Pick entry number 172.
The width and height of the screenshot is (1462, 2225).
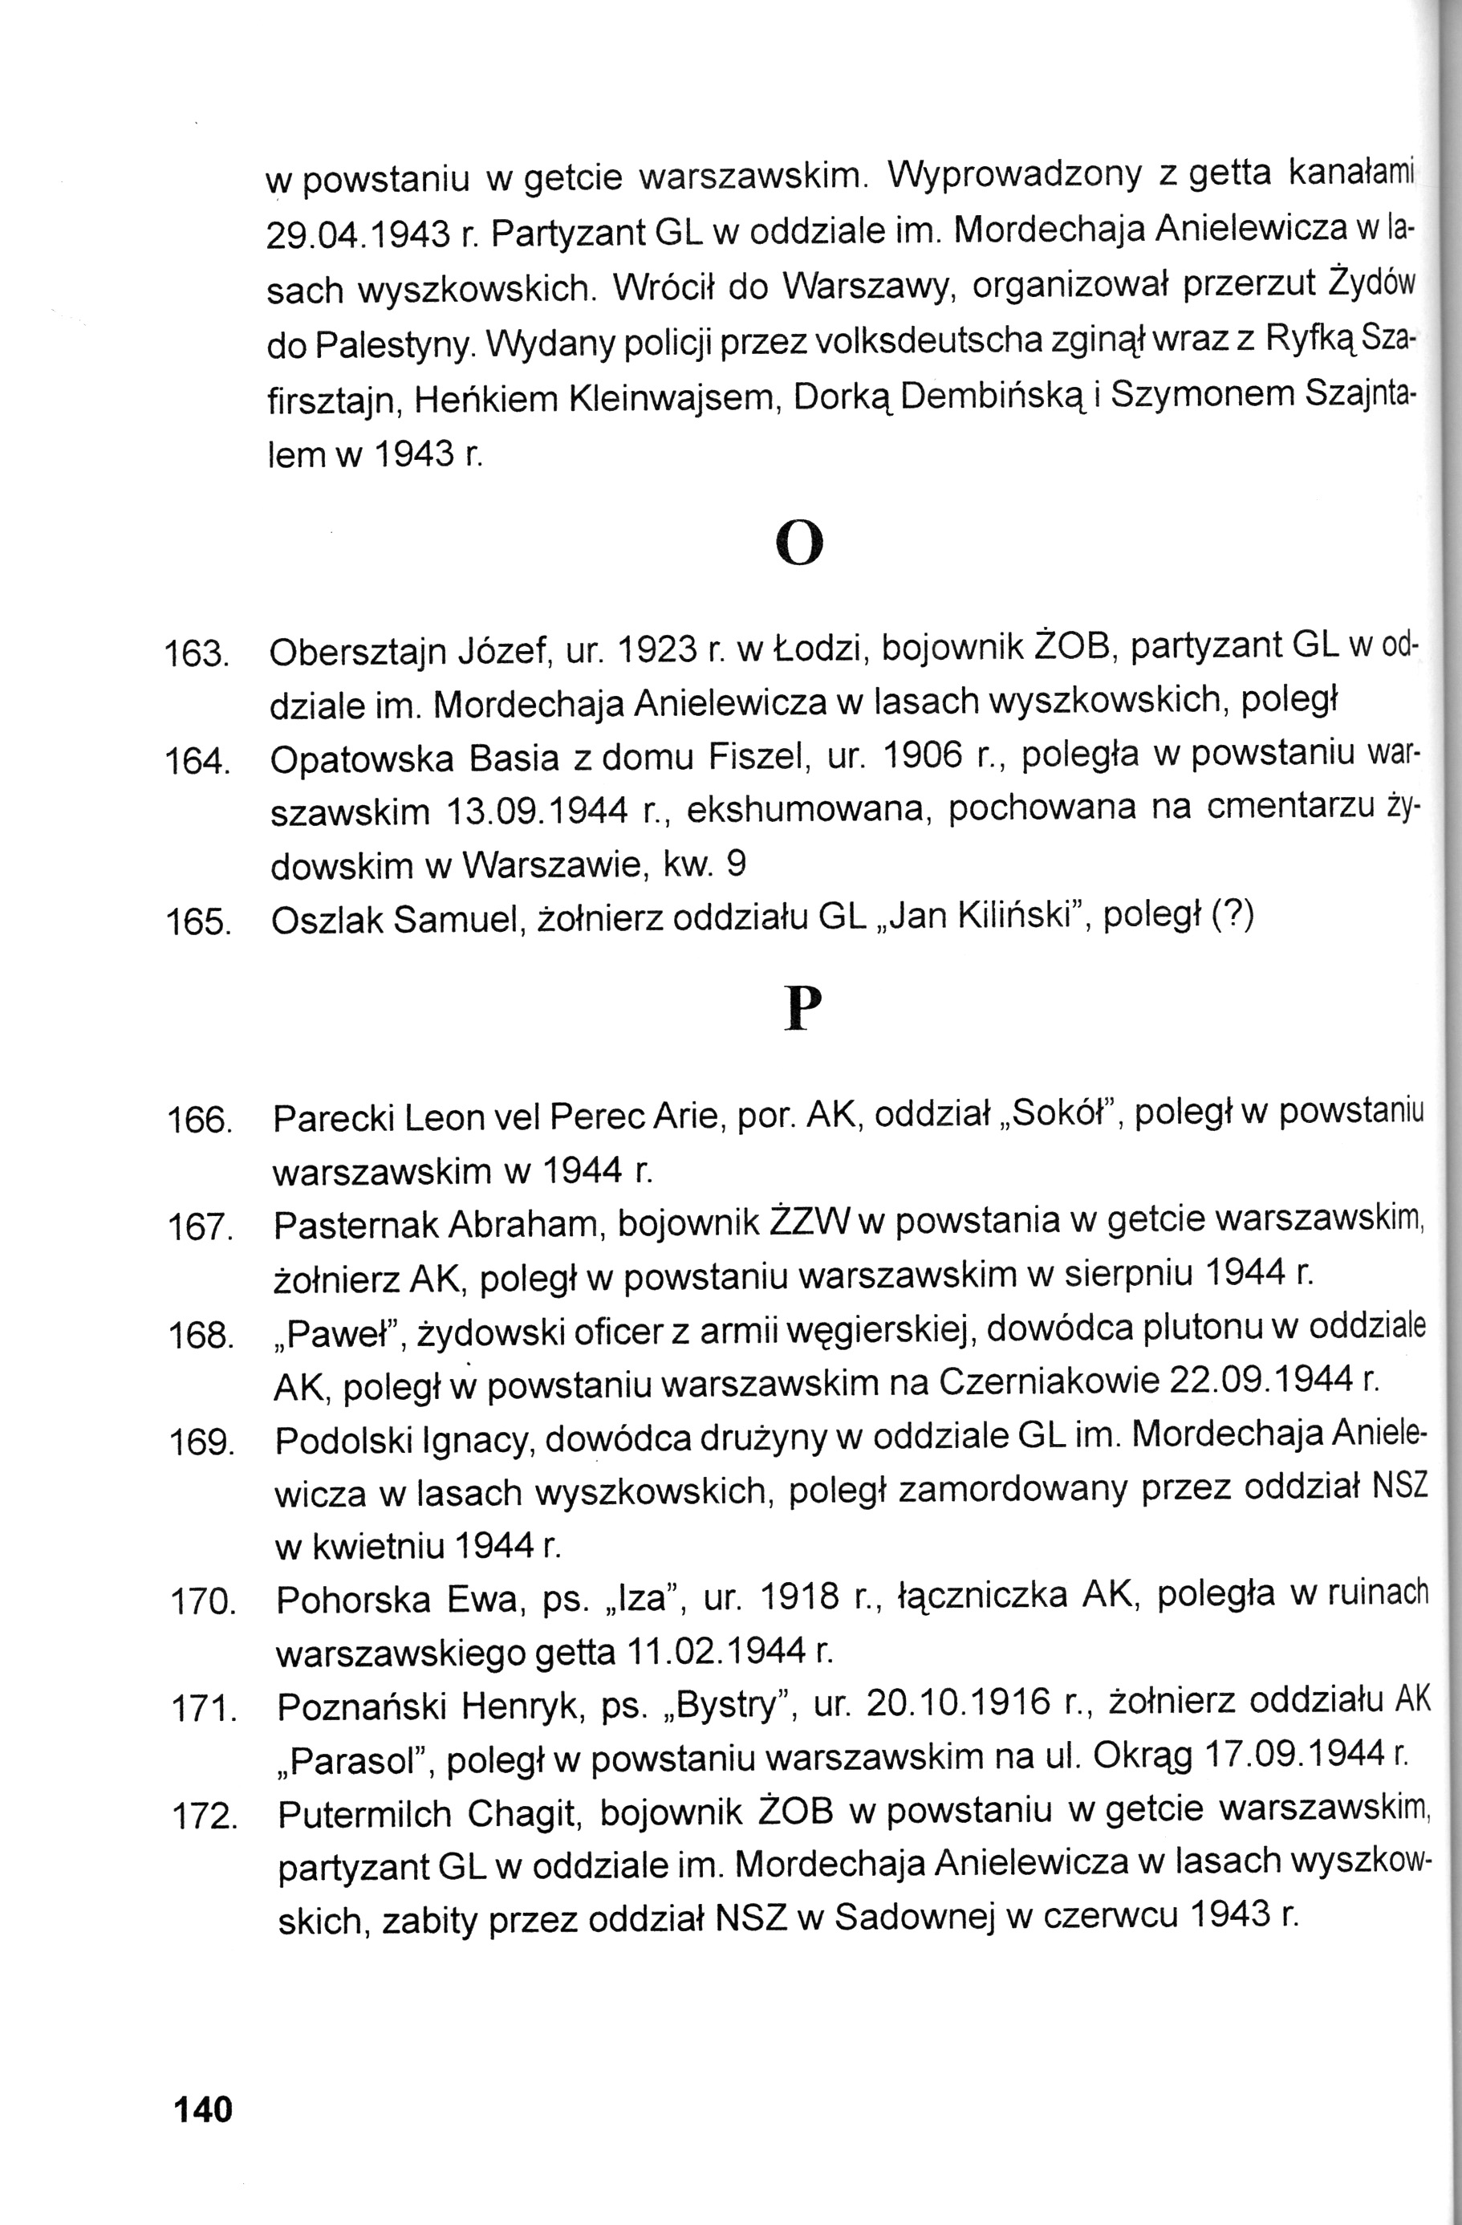tap(203, 1818)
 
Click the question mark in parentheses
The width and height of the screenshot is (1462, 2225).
tap(1232, 917)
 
